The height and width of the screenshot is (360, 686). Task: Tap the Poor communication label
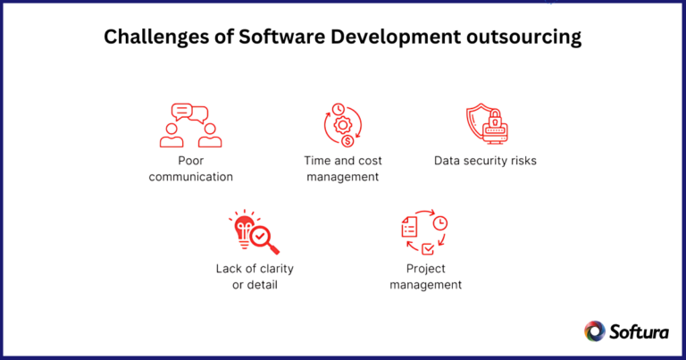click(190, 169)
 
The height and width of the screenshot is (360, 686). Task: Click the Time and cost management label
click(343, 169)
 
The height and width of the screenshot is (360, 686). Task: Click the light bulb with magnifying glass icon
click(254, 233)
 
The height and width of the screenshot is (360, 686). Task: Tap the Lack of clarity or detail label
click(255, 276)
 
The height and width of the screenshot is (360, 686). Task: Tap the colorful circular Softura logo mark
click(595, 331)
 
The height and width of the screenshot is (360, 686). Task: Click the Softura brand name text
click(639, 331)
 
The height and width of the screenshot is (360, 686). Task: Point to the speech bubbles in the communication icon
click(190, 113)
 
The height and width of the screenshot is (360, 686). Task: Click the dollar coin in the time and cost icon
click(347, 141)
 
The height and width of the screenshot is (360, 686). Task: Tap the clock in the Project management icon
click(440, 223)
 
